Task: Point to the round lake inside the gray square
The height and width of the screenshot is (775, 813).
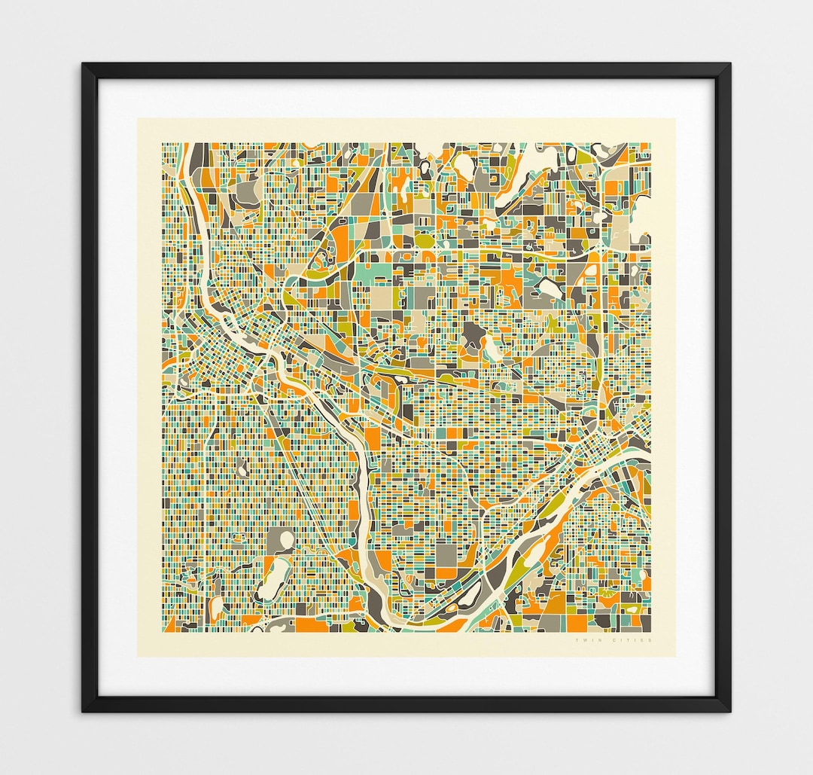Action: coord(285,541)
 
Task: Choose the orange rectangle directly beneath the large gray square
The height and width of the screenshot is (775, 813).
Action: coord(446,574)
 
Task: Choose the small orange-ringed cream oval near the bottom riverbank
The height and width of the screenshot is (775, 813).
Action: coord(473,597)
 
